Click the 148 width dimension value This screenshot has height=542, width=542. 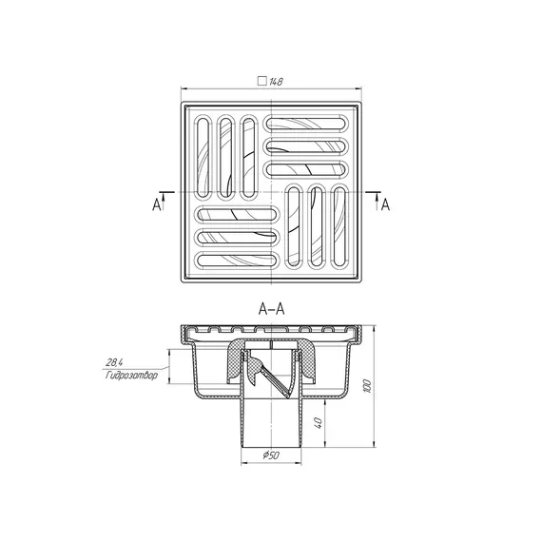click(276, 82)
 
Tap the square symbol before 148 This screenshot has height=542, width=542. click(262, 81)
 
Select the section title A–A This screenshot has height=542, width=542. click(271, 309)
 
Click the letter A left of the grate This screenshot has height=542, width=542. click(156, 205)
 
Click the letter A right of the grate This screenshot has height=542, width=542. click(385, 205)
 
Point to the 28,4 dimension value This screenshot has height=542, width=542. click(114, 362)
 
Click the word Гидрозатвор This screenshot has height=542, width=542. click(131, 376)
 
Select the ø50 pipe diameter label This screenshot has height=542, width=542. click(271, 455)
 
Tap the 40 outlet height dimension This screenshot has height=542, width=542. click(319, 422)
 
